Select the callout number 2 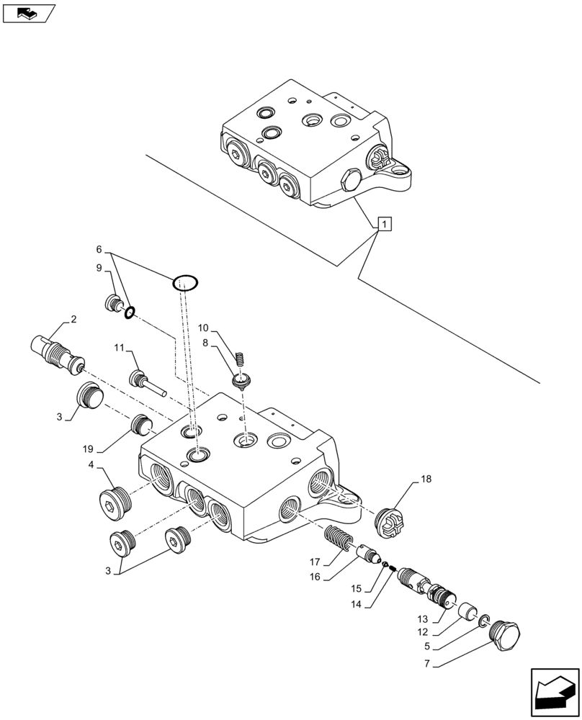coord(73,319)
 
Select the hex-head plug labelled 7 coord(503,636)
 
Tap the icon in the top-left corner coord(28,12)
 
